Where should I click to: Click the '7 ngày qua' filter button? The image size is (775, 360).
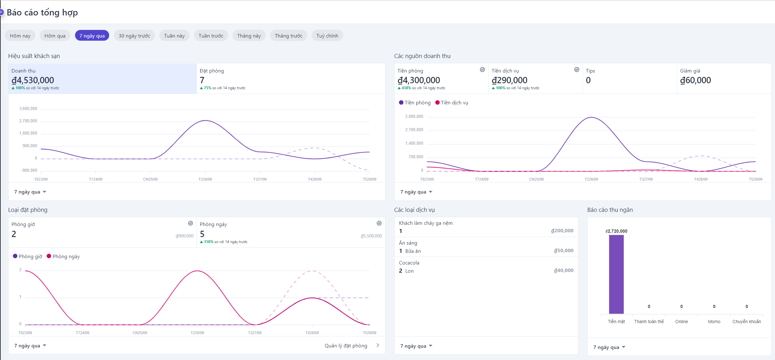(x=92, y=36)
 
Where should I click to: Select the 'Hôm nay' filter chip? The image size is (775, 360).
(x=20, y=36)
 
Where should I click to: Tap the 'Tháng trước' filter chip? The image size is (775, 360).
(x=288, y=36)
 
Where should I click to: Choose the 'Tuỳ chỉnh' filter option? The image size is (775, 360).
(x=327, y=36)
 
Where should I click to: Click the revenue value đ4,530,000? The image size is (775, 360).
(x=33, y=80)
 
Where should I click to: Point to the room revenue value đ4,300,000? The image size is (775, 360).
(x=419, y=80)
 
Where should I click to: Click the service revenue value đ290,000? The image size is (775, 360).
(x=509, y=80)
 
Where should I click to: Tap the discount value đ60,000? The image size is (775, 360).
(x=695, y=80)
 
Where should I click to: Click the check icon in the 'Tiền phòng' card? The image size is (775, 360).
(x=482, y=70)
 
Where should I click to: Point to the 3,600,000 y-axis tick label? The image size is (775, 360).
(x=28, y=109)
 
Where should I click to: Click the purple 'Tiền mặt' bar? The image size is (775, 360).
(x=616, y=274)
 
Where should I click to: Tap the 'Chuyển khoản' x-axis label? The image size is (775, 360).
(x=746, y=322)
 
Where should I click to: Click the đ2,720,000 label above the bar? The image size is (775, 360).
(x=616, y=231)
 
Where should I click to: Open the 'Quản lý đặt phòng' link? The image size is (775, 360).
(x=346, y=345)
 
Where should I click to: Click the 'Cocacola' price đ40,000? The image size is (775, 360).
(x=564, y=270)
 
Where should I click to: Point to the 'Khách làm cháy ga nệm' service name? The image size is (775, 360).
(x=426, y=223)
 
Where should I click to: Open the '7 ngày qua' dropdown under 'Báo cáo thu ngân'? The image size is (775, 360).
(x=609, y=347)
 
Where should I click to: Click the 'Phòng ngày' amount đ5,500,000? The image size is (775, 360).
(x=371, y=236)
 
